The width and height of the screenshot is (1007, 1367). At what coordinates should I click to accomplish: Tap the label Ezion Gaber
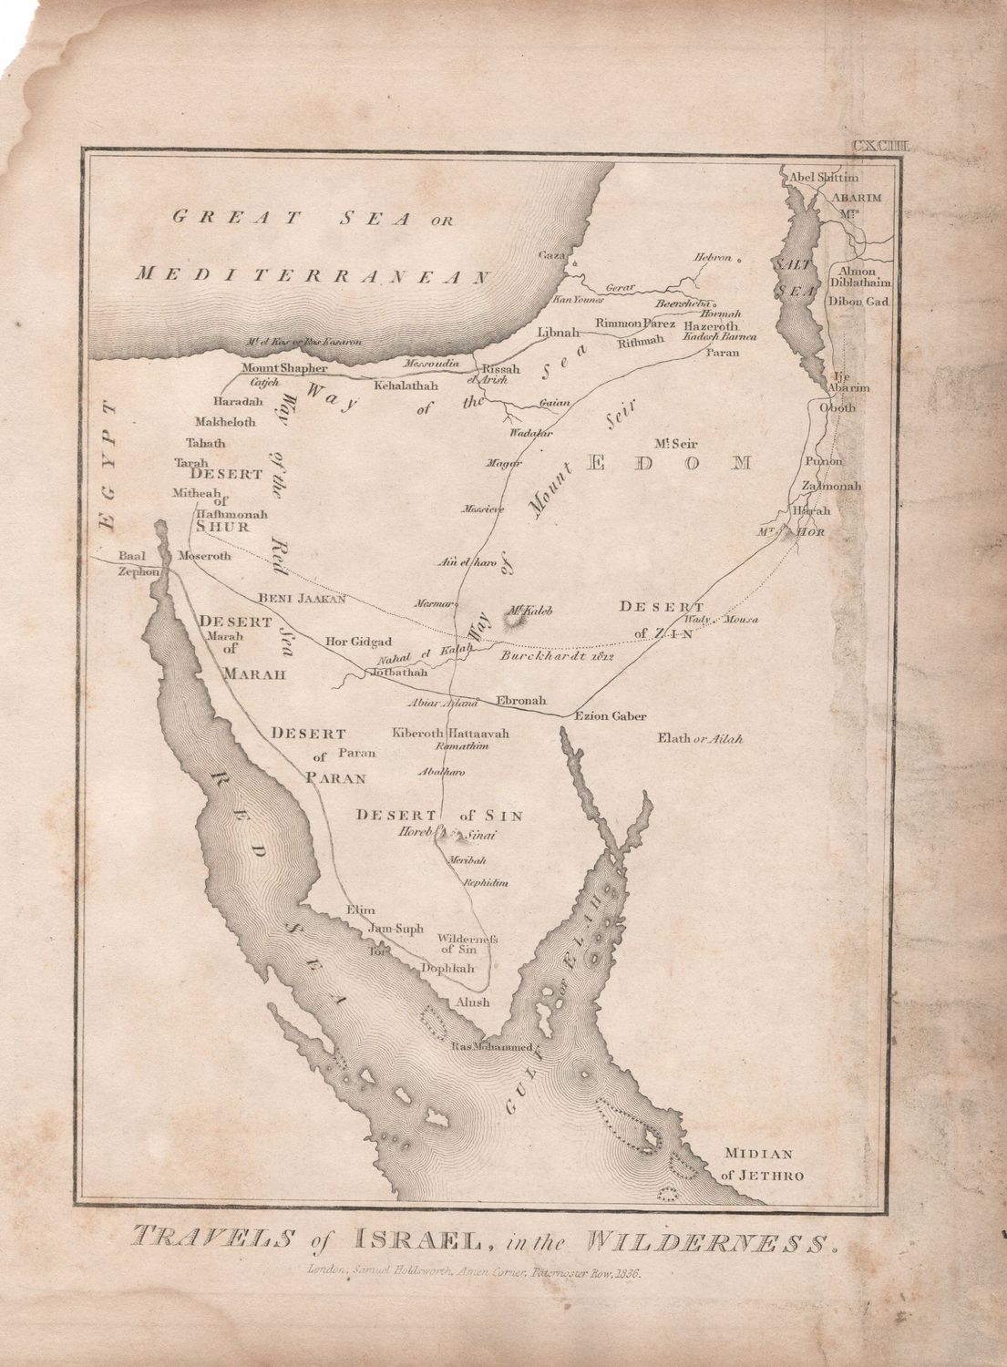tap(609, 715)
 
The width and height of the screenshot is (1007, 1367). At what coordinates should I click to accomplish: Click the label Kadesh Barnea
tap(726, 336)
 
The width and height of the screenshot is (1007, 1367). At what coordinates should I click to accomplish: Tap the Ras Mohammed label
tap(491, 1046)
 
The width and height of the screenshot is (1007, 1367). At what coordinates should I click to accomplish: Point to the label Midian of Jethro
tap(763, 1165)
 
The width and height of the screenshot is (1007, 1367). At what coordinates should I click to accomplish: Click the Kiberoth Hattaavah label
tap(450, 733)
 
